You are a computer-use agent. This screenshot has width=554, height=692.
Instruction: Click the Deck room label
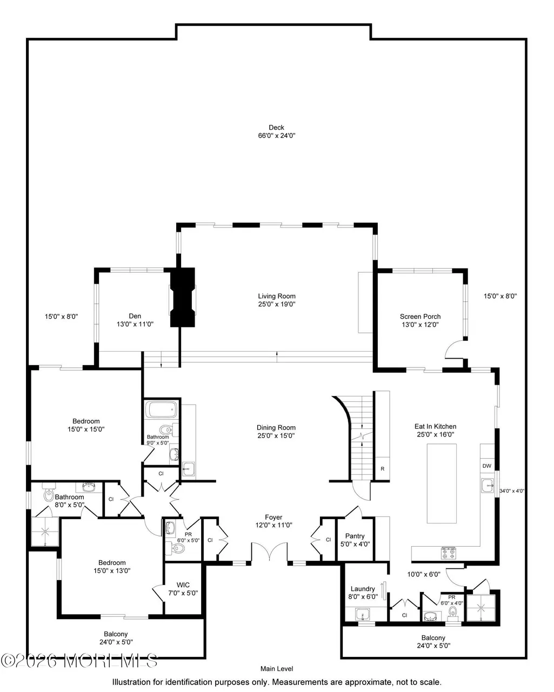276,127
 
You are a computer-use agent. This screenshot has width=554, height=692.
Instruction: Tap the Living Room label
277,296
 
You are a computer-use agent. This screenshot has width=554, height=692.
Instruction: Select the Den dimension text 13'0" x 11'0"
135,324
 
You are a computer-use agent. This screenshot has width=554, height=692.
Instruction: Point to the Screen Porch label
420,317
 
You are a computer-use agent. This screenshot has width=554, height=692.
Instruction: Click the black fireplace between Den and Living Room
183,298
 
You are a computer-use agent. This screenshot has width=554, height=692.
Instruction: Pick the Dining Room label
276,428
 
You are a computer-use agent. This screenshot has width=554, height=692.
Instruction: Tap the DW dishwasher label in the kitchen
487,466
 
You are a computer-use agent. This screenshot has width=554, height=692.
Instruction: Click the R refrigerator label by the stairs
383,469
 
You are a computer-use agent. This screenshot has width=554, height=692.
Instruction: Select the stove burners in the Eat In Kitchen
448,553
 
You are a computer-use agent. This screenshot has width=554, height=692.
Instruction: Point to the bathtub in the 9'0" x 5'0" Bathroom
162,409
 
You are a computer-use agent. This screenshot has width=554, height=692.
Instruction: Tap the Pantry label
355,536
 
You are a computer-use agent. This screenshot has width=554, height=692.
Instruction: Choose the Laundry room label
363,589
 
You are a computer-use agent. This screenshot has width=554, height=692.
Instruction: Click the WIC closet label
183,585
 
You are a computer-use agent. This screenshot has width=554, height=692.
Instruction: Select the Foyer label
273,517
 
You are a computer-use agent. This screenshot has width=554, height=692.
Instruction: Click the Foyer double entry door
269,552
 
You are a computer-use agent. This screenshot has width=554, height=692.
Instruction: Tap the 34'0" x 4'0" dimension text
512,491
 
